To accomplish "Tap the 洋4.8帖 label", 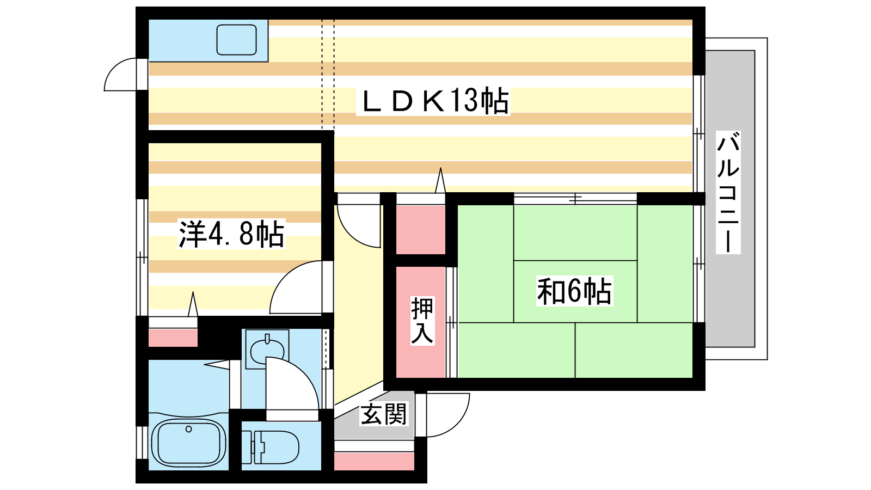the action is [x=232, y=234].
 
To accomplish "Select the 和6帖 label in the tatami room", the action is [x=574, y=291].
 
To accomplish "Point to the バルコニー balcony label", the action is [x=728, y=193].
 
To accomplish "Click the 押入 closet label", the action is [x=422, y=321].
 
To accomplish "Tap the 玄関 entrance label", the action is [x=384, y=414].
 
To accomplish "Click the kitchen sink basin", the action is [x=236, y=40].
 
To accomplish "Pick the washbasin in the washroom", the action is [x=268, y=349].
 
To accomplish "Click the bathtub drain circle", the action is [x=188, y=430].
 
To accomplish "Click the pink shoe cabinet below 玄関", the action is [x=374, y=461].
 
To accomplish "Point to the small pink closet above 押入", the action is [x=421, y=230].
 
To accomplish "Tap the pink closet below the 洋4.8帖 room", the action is [x=173, y=338].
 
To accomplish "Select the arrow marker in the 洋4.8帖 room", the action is [x=193, y=304].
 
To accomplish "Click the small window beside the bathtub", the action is [x=142, y=443].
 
